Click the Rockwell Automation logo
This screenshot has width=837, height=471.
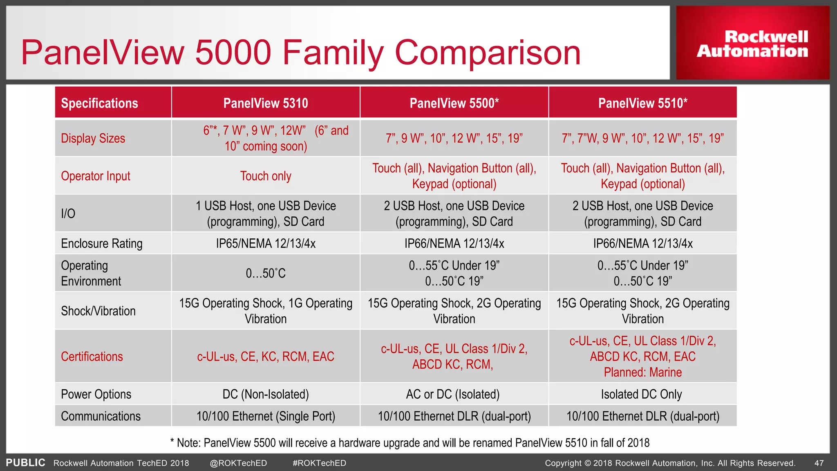[752, 43]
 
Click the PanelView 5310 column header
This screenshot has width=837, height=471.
[266, 103]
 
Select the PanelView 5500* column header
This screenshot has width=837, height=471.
[454, 103]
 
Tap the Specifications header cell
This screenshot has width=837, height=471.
[100, 103]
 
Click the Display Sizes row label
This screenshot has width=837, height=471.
[93, 138]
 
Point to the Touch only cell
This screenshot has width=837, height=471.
[266, 176]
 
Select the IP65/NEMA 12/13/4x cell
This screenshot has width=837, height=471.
[266, 244]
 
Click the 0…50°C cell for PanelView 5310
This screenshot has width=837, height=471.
[266, 273]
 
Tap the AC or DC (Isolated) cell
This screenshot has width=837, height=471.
[453, 394]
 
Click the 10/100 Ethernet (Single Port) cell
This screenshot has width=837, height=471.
[266, 416]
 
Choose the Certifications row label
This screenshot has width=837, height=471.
[92, 357]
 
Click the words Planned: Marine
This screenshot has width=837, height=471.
[643, 372]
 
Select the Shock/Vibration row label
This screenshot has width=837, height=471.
[98, 311]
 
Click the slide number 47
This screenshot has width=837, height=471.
[819, 463]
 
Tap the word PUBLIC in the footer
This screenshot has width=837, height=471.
[25, 463]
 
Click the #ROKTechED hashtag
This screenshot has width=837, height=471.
[319, 463]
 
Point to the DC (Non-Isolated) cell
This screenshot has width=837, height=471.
[266, 394]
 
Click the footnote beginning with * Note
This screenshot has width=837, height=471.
[410, 443]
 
